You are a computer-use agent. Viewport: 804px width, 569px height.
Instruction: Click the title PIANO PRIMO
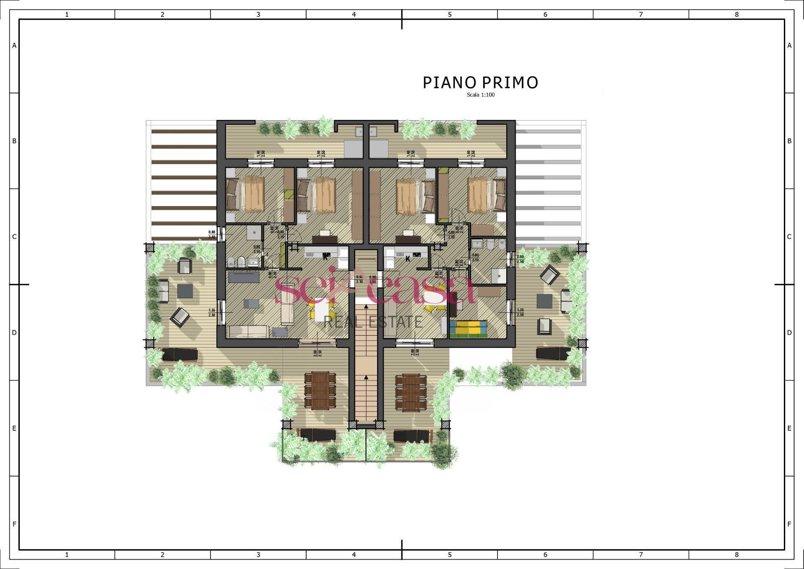[480, 83]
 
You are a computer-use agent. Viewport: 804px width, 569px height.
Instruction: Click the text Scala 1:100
[481, 95]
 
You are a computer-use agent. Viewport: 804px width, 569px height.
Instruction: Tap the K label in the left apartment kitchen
[325, 258]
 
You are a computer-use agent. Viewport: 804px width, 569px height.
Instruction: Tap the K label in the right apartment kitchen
[407, 259]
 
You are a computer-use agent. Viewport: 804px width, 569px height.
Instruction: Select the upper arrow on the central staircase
[366, 307]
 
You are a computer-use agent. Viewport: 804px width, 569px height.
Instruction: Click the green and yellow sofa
[468, 328]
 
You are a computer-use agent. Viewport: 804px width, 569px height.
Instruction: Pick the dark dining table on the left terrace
[320, 390]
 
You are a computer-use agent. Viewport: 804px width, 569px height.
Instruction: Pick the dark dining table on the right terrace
[411, 391]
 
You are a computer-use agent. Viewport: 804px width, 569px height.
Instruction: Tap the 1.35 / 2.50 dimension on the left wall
[212, 313]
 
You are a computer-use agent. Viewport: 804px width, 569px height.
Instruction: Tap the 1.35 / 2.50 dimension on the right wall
[521, 313]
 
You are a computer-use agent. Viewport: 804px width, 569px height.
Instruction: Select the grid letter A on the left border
[14, 45]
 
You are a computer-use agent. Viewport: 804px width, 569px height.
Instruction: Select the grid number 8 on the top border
[737, 14]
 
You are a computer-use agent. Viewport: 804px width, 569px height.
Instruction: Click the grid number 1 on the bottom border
[67, 555]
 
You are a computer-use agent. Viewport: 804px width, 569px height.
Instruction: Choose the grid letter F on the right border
[789, 524]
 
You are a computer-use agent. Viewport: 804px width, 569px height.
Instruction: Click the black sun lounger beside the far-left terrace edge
[180, 354]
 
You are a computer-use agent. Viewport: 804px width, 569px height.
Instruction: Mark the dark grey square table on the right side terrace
[544, 300]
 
